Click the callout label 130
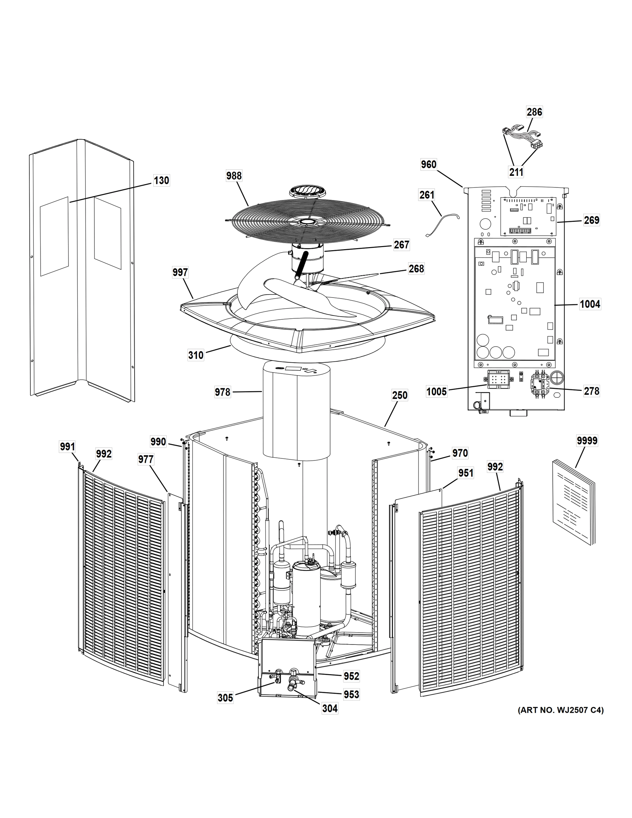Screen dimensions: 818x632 (161, 181)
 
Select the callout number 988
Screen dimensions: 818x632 (234, 176)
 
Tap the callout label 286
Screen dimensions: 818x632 (534, 112)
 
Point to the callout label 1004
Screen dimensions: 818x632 (590, 304)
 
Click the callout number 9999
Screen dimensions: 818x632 (587, 441)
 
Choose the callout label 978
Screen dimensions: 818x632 (222, 392)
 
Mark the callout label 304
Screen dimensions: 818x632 (330, 708)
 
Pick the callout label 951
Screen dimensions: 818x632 (466, 473)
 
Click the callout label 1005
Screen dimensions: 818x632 (436, 392)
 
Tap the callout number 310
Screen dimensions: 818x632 (196, 355)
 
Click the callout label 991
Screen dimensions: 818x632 (67, 447)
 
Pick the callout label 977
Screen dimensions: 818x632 (145, 459)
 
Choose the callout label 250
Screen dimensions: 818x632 (400, 395)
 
